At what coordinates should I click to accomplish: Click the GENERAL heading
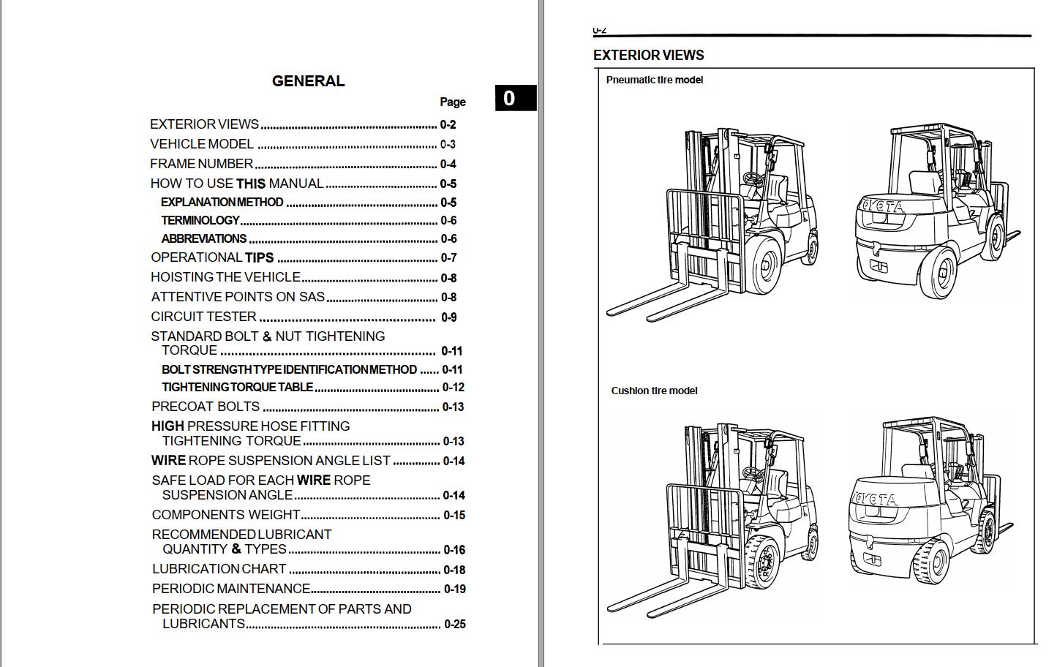tap(308, 81)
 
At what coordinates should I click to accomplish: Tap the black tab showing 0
tap(515, 98)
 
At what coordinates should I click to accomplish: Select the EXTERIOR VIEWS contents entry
tap(204, 124)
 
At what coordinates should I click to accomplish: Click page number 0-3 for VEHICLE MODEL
tap(448, 144)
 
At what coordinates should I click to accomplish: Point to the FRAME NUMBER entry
tap(201, 164)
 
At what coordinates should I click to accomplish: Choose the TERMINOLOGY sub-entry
tap(200, 220)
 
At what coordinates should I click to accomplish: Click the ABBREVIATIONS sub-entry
tap(204, 238)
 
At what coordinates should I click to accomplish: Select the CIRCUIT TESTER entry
tap(203, 317)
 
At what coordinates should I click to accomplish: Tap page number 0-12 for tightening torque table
tap(453, 388)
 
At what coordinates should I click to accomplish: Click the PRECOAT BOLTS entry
tap(206, 407)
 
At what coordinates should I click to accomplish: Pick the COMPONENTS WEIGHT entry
tap(225, 515)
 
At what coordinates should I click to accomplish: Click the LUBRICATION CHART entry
tap(219, 569)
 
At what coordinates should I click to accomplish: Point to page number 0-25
tap(455, 624)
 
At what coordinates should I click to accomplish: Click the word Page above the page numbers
tap(453, 102)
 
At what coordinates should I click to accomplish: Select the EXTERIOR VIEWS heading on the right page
tap(648, 55)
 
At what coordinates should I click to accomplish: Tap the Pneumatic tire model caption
tap(654, 80)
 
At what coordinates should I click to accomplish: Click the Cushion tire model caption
tap(654, 391)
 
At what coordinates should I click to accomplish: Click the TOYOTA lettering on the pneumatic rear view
tap(881, 207)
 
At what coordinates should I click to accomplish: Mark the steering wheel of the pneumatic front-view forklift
tap(753, 179)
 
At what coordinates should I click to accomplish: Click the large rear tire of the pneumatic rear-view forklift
tap(938, 273)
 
